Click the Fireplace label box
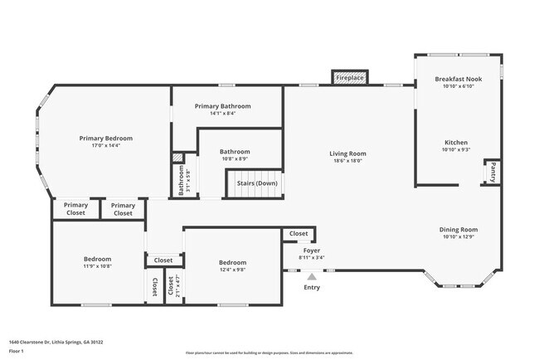click(x=350, y=78)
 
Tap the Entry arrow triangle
click(x=312, y=277)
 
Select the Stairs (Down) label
click(x=257, y=183)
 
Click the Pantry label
click(x=493, y=173)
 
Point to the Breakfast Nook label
click(x=458, y=79)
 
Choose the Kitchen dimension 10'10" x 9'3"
click(x=458, y=149)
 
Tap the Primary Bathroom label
click(x=222, y=106)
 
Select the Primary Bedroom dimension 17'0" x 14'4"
click(x=105, y=145)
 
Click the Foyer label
click(x=312, y=250)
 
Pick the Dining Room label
click(x=458, y=230)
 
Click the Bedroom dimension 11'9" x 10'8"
click(x=97, y=266)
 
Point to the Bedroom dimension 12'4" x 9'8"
click(x=232, y=270)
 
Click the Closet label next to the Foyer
click(x=299, y=235)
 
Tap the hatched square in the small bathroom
click(x=177, y=158)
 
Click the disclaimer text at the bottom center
click(x=269, y=353)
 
